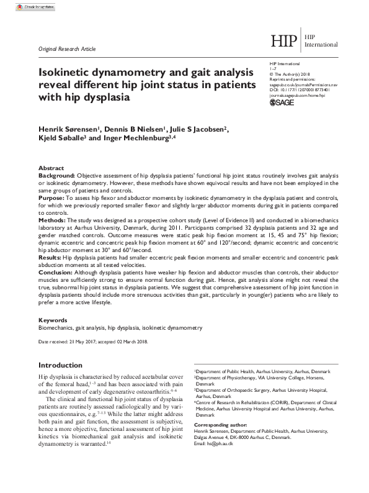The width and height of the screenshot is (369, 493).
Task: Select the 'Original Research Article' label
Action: click(67, 48)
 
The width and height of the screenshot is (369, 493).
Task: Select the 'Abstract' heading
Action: click(51, 168)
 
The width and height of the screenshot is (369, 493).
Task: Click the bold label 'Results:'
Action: click(53, 258)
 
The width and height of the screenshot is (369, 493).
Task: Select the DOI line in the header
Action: click(303, 89)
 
